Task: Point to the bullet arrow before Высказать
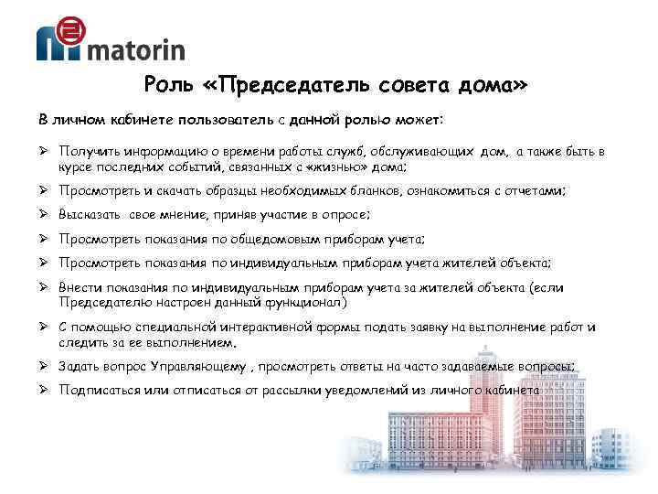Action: click(x=44, y=215)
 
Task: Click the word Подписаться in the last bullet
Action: click(x=96, y=391)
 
